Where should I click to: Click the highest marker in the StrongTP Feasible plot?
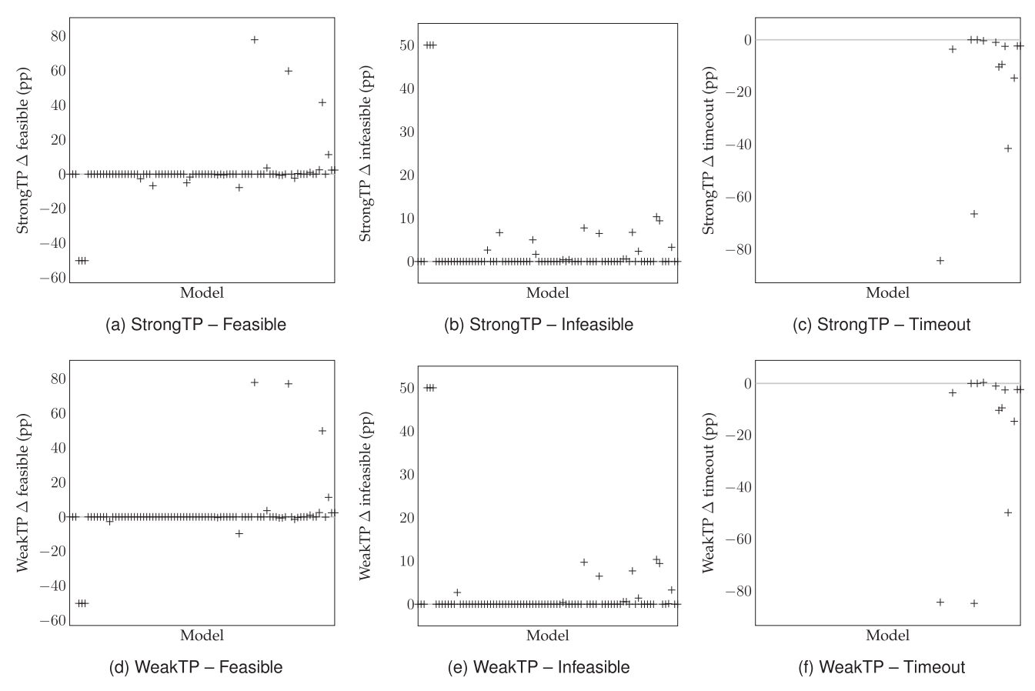pos(254,39)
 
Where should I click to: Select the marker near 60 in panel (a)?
pos(289,71)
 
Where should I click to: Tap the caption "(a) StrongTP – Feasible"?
pos(195,325)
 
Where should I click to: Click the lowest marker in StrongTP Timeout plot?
pos(940,261)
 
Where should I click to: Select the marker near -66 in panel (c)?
pos(974,214)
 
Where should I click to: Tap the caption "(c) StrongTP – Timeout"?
pos(882,325)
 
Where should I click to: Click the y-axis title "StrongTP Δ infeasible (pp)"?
pos(366,150)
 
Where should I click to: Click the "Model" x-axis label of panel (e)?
pos(547,636)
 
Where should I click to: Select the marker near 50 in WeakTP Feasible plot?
pos(322,431)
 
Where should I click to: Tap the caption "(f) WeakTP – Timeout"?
pos(882,667)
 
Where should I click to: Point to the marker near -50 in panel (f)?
pos(1008,512)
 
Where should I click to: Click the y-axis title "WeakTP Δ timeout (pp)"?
pos(709,493)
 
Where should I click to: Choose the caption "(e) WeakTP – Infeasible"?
pos(539,667)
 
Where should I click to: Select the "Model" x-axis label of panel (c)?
pos(887,292)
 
